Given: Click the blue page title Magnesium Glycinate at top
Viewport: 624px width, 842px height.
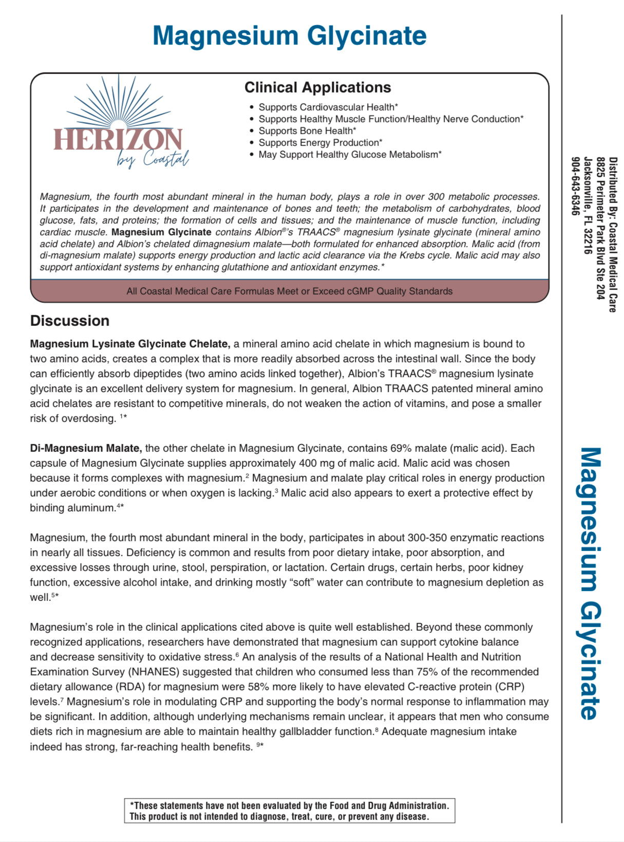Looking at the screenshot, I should coord(289,36).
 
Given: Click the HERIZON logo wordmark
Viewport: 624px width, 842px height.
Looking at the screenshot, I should coord(118,139).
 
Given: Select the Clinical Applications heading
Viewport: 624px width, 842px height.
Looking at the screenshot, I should coord(317,87).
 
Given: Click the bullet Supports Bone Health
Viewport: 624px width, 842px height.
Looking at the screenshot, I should coord(307,131).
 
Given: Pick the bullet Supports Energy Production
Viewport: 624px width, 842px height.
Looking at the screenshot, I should coord(320,142).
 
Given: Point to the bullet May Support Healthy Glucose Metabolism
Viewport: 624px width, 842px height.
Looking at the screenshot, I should coord(350,154).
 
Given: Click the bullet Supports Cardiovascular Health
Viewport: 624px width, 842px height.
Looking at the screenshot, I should coord(328,107).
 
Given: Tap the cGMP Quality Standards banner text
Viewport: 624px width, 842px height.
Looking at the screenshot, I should coord(289,291).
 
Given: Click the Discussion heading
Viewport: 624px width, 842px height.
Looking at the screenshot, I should coord(70,321).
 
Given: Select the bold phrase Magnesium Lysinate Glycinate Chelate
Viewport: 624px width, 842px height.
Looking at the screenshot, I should coord(129,344).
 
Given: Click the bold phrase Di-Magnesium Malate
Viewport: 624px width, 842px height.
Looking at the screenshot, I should coord(86,448).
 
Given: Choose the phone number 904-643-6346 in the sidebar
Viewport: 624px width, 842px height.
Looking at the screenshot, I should coord(576,186).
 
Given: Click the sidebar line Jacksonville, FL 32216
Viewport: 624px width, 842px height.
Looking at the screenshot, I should coord(588,206).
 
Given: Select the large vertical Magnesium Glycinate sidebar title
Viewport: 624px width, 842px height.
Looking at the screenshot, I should coord(591,583).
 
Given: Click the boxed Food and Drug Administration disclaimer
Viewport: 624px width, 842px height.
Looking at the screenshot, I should coord(289,811).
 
